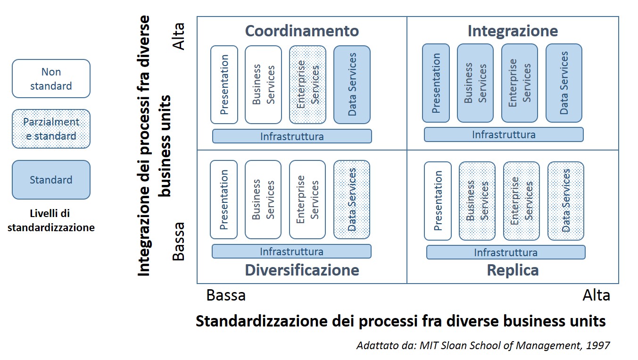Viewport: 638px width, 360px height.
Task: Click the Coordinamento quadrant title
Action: [x=302, y=31]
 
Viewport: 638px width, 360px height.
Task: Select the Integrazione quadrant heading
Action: [x=513, y=31]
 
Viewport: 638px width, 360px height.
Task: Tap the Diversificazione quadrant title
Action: [x=302, y=270]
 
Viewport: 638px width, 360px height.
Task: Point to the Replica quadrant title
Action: [x=513, y=270]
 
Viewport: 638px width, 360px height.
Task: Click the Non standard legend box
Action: [x=51, y=79]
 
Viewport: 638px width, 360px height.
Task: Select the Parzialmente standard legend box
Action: [x=51, y=129]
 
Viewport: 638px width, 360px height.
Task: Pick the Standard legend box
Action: [x=51, y=180]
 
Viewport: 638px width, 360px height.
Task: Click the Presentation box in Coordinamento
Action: [x=224, y=84]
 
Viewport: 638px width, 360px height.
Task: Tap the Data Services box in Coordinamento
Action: [x=352, y=84]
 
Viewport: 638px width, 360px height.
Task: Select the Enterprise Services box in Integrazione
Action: [x=519, y=83]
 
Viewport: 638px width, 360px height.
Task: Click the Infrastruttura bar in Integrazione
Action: [x=504, y=134]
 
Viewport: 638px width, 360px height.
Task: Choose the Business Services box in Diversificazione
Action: [x=263, y=200]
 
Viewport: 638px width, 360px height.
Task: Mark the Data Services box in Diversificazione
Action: [x=352, y=200]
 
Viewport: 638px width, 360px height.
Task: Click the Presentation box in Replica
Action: [x=438, y=201]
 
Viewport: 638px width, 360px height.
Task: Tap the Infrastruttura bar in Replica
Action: [x=505, y=252]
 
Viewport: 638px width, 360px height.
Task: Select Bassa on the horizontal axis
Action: [x=226, y=295]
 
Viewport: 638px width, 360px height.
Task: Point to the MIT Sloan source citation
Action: [x=483, y=345]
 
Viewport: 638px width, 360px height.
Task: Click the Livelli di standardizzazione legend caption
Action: [x=51, y=221]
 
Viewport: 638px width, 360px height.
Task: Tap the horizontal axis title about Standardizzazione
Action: [x=400, y=321]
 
